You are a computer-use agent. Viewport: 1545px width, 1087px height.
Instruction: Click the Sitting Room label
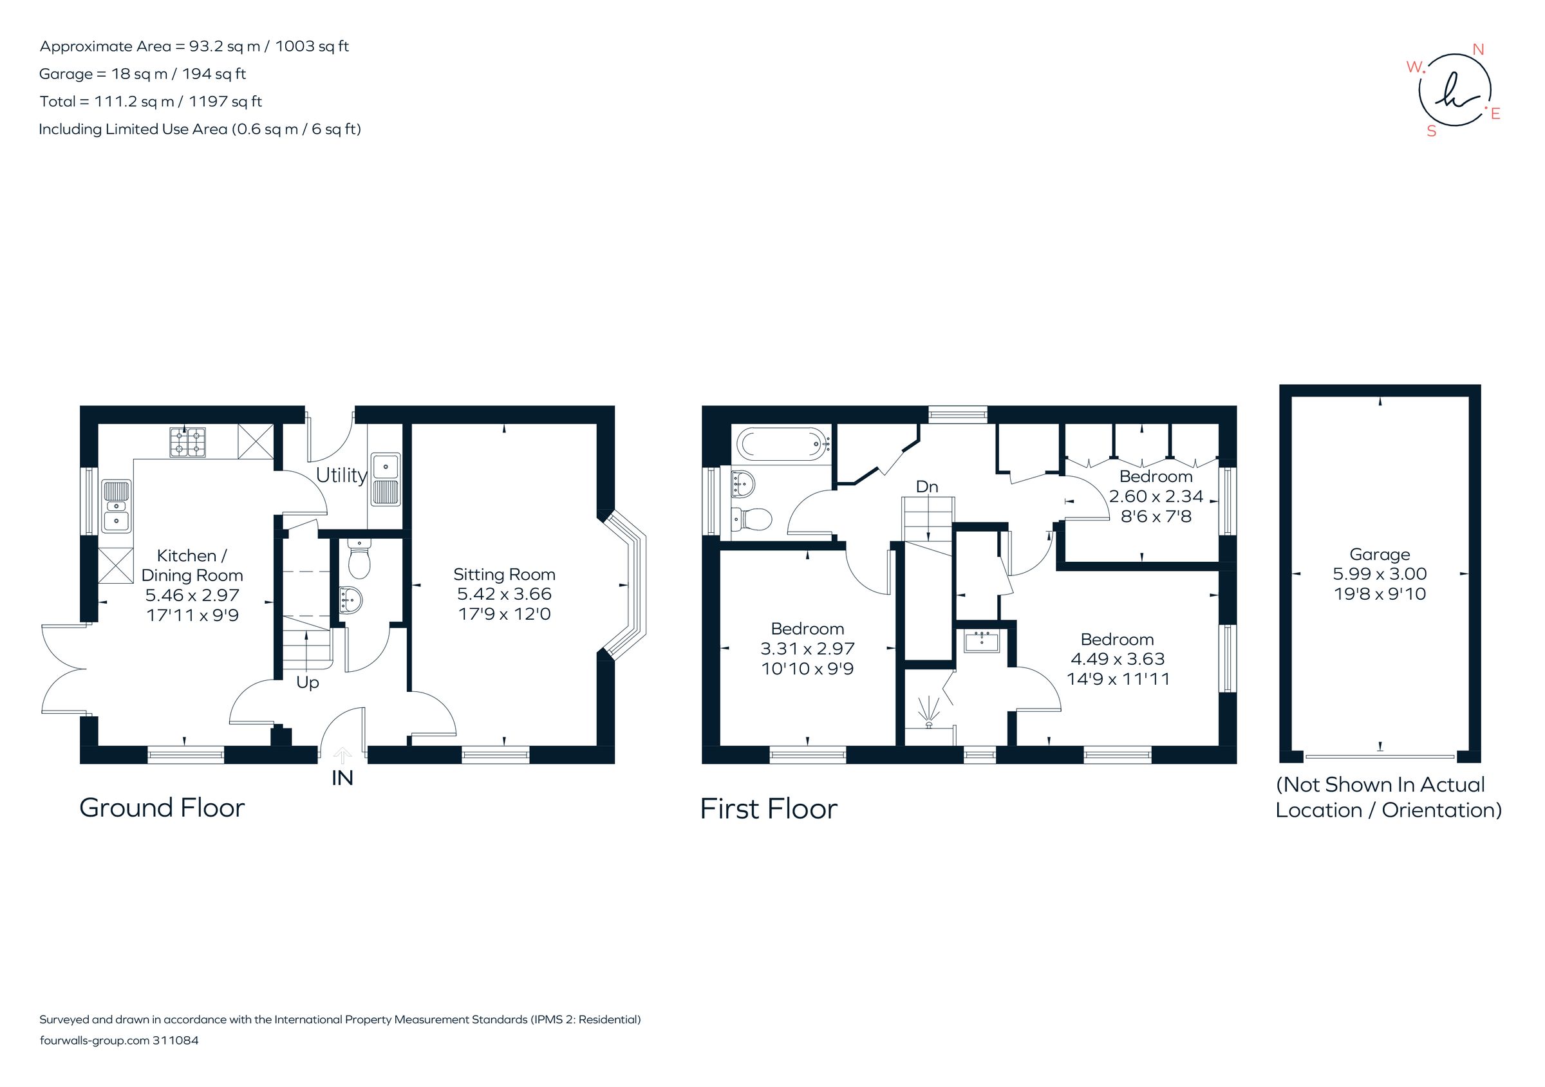504,575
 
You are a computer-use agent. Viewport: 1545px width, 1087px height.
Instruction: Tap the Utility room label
341,476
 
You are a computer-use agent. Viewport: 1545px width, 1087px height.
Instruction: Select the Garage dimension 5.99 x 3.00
1380,574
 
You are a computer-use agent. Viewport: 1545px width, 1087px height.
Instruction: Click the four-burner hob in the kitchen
188,442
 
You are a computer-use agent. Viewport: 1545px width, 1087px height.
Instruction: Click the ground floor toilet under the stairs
359,560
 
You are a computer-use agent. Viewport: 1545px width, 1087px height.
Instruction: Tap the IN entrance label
342,778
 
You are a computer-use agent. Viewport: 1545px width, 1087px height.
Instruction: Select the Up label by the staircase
308,683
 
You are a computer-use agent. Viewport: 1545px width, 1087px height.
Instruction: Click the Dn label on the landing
926,487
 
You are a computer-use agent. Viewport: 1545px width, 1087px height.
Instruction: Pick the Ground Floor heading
162,808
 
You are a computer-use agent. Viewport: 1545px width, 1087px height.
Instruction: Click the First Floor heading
769,809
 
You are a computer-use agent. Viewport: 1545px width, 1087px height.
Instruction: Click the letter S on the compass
1431,132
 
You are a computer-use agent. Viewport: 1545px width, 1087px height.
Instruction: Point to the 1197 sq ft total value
225,102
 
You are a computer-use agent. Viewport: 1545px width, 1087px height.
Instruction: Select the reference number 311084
176,1041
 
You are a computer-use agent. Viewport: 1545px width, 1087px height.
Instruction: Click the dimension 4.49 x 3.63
1118,659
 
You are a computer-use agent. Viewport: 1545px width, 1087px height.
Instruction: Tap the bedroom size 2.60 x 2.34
1156,496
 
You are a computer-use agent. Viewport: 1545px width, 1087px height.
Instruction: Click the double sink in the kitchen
117,506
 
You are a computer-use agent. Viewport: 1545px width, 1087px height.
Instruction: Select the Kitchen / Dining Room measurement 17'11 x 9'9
192,615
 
